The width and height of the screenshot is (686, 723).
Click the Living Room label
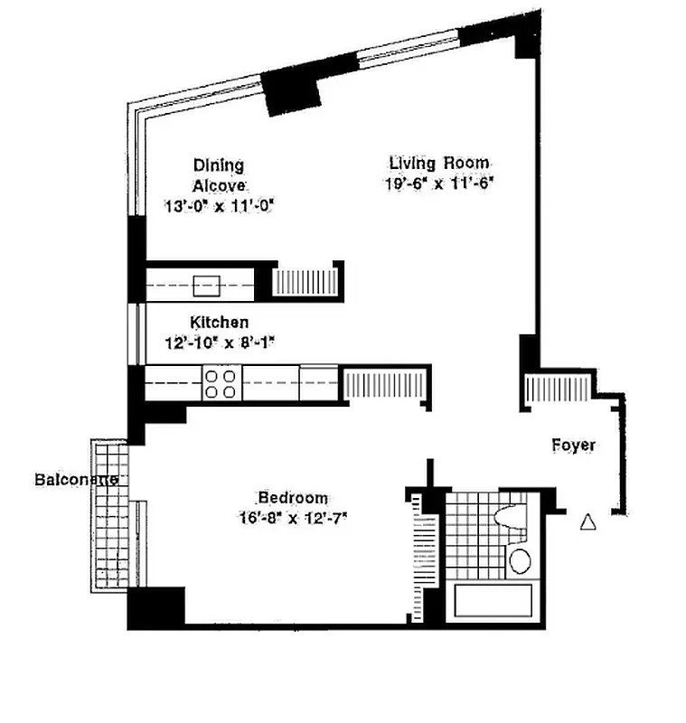click(439, 164)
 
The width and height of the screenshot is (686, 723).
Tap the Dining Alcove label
click(218, 174)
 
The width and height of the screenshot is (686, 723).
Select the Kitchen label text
click(219, 322)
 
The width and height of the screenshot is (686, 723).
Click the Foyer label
click(574, 445)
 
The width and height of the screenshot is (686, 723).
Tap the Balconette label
click(77, 479)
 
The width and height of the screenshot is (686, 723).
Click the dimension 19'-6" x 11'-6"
click(439, 183)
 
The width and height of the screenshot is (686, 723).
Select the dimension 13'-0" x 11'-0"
click(218, 205)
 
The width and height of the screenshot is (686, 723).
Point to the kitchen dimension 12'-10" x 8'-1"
click(219, 343)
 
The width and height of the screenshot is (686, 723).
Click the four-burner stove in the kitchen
click(221, 382)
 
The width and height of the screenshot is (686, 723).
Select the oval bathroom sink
click(520, 560)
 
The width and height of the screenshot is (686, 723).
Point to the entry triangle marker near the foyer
click(588, 521)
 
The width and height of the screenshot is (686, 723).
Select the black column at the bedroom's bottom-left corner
click(155, 608)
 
